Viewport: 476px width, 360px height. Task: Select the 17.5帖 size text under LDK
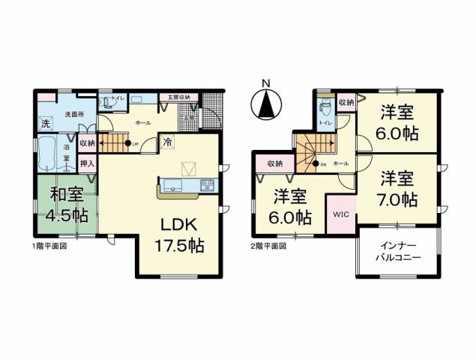(180, 244)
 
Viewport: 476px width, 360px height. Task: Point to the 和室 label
(67, 194)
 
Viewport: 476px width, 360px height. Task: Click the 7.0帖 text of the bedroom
(397, 201)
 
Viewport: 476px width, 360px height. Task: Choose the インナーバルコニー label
(398, 251)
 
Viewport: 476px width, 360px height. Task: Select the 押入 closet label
(87, 163)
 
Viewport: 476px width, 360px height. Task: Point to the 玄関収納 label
(178, 97)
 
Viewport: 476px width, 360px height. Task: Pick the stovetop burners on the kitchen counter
(207, 185)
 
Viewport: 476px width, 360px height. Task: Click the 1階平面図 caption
(49, 245)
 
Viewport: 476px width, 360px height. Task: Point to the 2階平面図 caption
(268, 245)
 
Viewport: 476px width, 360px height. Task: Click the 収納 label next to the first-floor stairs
(87, 142)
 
